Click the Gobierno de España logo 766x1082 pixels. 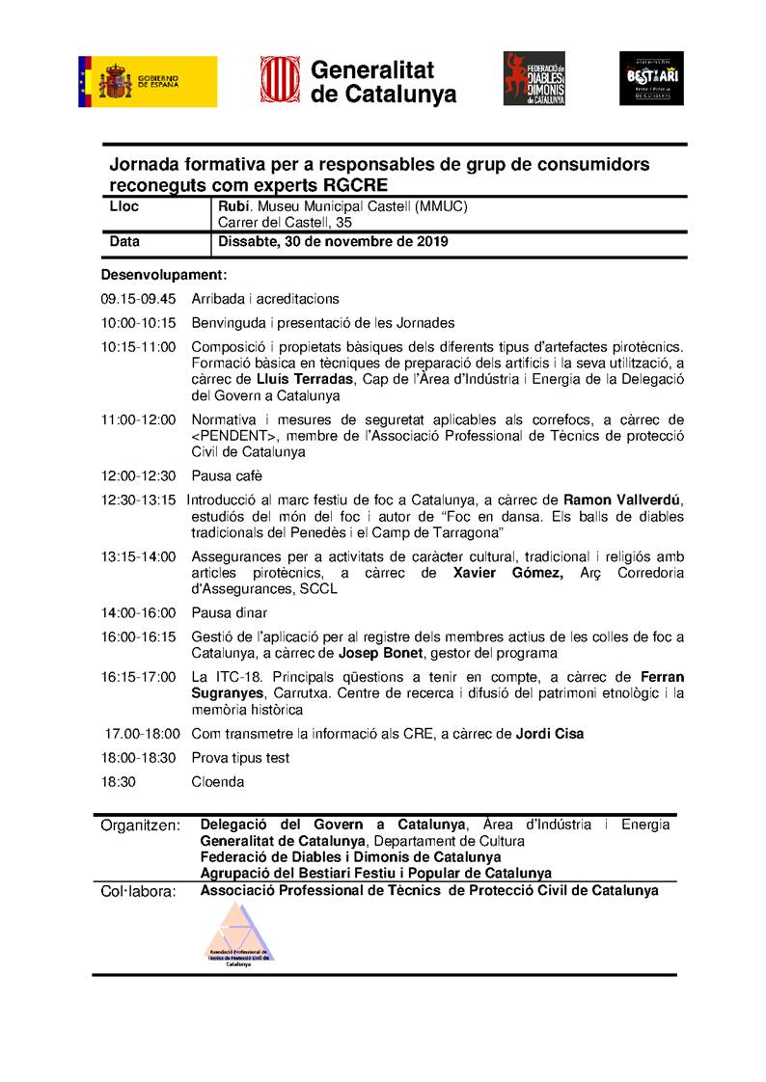(148, 81)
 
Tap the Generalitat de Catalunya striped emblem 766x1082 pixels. (279, 79)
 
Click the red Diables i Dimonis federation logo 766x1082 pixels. (533, 79)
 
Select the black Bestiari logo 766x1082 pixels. (651, 78)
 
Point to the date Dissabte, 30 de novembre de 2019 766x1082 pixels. (333, 242)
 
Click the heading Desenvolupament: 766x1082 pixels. (163, 275)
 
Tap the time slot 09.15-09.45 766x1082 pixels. (138, 299)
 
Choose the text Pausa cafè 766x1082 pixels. (227, 475)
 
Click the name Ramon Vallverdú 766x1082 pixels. (622, 500)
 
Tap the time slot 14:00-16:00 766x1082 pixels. (138, 612)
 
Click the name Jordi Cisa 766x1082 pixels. (550, 734)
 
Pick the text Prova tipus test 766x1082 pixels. (240, 758)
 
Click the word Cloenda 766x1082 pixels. (217, 782)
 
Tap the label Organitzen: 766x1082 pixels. (141, 825)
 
